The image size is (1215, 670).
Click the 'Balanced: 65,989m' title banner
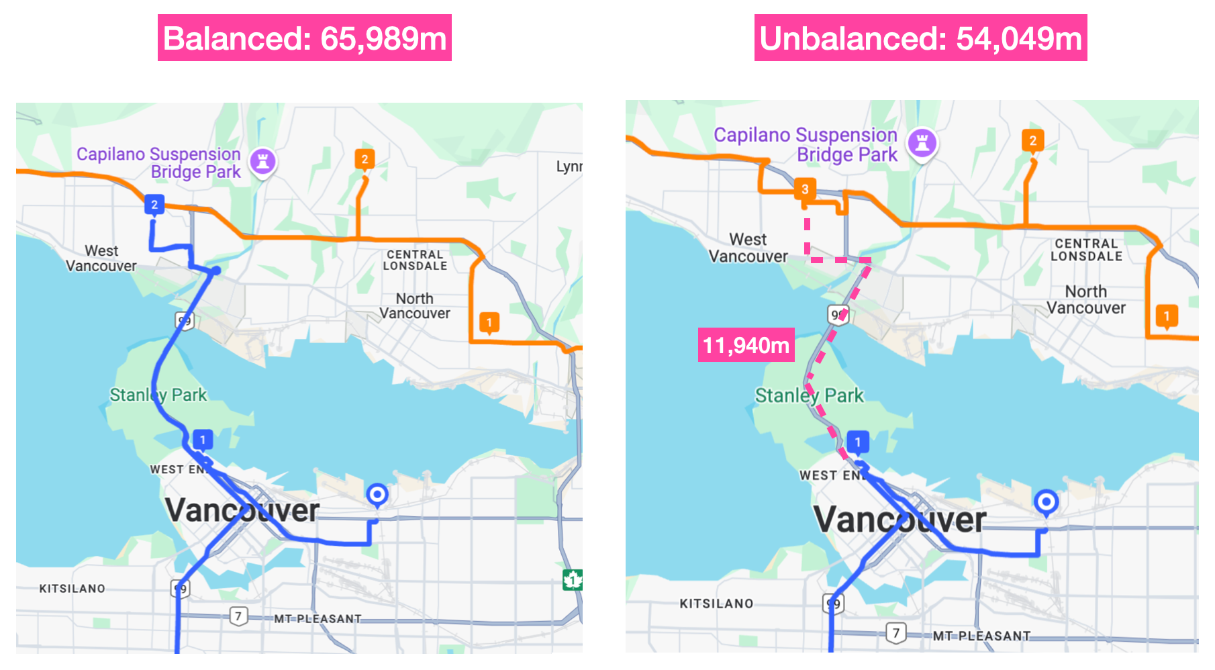304,38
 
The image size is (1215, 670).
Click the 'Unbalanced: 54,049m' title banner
920,38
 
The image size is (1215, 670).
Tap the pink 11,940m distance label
746,345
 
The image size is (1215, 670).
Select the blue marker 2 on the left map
154,204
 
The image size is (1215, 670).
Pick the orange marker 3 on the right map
805,189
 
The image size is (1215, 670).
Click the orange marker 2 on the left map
364,159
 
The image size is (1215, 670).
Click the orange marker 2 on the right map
1032,140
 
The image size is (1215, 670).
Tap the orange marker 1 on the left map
489,322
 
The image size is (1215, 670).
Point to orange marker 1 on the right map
1167,316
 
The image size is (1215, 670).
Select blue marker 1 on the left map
203,440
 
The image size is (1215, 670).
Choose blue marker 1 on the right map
858,442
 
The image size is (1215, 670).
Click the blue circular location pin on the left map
377,495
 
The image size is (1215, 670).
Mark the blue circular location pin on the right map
1046,501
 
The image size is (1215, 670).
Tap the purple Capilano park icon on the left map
262,162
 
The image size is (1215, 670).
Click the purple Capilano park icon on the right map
922,143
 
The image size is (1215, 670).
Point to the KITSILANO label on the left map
72,589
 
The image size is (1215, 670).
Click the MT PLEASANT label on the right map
981,636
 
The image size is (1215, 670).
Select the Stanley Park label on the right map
809,395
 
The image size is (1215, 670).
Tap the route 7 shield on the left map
238,616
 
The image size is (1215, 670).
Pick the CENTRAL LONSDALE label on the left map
415,260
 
